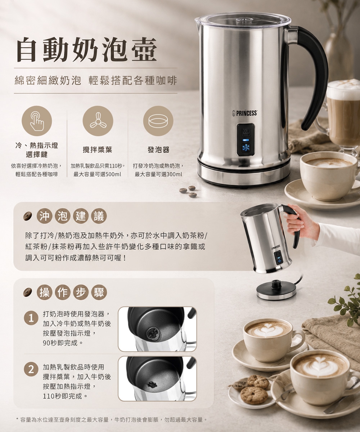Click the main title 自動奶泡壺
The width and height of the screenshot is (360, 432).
[87, 50]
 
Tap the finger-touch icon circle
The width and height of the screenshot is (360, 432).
[37, 121]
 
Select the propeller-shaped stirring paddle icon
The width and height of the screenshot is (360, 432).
[98, 121]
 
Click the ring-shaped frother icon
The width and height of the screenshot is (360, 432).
[158, 121]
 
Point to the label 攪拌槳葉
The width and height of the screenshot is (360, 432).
[98, 150]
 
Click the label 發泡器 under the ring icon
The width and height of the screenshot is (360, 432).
[158, 150]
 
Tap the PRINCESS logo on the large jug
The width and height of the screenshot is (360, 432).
[244, 113]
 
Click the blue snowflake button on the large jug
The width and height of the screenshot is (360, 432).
[246, 148]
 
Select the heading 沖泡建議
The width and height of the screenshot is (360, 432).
[72, 216]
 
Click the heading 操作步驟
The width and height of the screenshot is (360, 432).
[72, 292]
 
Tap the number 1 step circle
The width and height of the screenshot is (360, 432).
[31, 318]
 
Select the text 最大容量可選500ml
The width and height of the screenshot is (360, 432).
[97, 174]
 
